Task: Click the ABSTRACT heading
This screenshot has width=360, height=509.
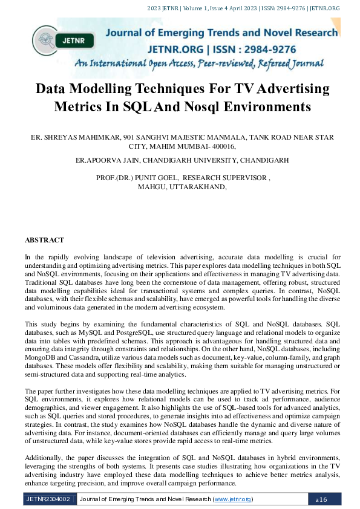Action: [44, 240]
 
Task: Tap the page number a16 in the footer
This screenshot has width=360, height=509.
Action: [321, 499]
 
